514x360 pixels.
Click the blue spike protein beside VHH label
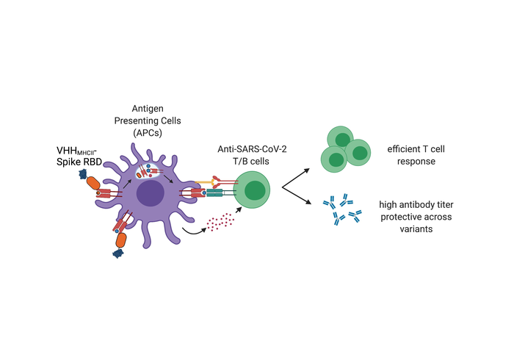(83, 172)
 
